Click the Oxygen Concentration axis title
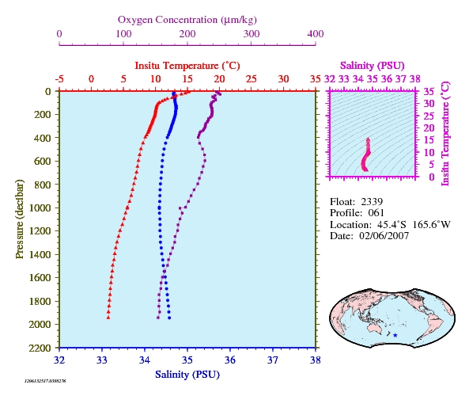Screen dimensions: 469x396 (x=187, y=20)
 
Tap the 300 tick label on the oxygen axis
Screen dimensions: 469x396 (x=252, y=34)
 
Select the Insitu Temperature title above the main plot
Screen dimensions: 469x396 (x=187, y=66)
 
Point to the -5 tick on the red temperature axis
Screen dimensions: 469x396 (x=59, y=79)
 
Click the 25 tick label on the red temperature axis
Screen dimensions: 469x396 (x=252, y=79)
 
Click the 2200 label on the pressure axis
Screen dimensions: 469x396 (x=40, y=348)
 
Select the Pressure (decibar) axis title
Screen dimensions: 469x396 (x=20, y=219)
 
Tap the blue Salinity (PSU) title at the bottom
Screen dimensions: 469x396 (x=187, y=375)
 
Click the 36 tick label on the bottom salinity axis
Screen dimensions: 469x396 (x=230, y=360)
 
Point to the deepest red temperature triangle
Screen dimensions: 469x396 (x=108, y=318)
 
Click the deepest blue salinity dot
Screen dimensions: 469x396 (x=169, y=318)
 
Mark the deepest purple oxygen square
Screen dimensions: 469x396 (x=158, y=318)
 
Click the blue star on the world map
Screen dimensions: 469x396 (x=395, y=335)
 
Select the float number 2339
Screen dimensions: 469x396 (x=372, y=202)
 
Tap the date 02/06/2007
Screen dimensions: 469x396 (x=384, y=236)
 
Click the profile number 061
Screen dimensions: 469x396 (x=376, y=213)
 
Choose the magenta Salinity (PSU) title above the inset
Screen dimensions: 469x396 (x=372, y=66)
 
